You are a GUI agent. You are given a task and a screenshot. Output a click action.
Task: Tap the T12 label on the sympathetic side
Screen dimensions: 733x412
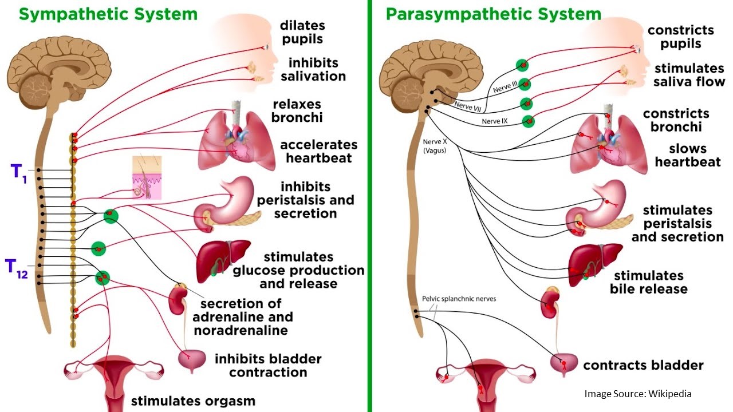(17, 269)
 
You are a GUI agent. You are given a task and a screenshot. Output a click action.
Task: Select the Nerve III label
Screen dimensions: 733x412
(505, 86)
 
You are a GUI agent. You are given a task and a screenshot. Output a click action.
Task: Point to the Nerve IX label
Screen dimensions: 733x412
(494, 121)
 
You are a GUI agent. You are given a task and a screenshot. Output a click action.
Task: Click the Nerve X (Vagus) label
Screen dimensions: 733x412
(435, 146)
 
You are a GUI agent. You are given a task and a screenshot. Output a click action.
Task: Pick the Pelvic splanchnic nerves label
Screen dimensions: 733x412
(459, 299)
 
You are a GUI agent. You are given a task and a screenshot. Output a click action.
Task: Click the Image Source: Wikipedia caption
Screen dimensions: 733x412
(638, 393)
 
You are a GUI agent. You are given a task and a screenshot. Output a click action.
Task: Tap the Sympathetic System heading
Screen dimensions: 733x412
(108, 14)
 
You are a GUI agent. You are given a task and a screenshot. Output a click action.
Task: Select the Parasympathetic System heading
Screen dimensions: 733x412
(494, 14)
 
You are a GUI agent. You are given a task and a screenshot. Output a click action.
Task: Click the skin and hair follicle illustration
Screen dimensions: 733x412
(147, 177)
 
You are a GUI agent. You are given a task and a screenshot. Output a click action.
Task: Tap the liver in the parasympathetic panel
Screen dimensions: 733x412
(594, 264)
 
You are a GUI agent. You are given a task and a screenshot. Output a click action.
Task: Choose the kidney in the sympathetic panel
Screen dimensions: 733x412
(178, 299)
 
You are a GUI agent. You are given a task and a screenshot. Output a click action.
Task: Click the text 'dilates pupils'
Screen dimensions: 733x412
(302, 32)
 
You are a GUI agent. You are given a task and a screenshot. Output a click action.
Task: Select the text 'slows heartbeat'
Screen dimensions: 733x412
(688, 155)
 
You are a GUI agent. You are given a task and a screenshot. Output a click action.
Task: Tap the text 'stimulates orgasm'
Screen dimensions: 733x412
(193, 401)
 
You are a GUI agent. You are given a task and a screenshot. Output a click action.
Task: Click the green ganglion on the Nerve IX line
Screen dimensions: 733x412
(528, 121)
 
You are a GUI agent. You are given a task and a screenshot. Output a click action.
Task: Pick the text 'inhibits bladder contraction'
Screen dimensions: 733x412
(268, 365)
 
